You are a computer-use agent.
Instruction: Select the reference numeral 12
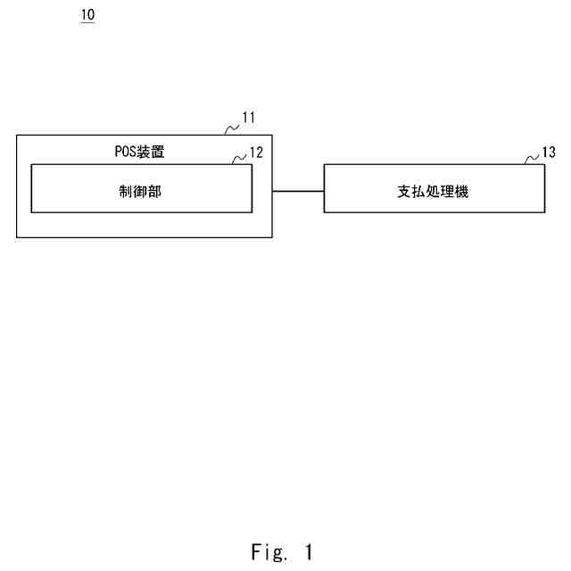[x=256, y=153]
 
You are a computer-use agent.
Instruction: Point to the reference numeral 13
[x=549, y=153]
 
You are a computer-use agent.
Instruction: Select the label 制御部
[x=142, y=191]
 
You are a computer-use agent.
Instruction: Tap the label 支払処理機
[x=433, y=191]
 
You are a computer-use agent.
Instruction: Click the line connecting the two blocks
[x=297, y=190]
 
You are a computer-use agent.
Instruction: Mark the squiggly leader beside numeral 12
[x=239, y=160]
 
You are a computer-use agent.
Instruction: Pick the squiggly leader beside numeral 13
[x=532, y=160]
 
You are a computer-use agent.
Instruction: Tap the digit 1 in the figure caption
[x=308, y=552]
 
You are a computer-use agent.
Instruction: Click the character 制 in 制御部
[x=129, y=191]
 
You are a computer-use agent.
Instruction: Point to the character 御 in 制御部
[x=142, y=191]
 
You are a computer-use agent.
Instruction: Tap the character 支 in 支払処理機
[x=403, y=191]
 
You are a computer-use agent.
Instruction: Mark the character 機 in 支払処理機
[x=462, y=191]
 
